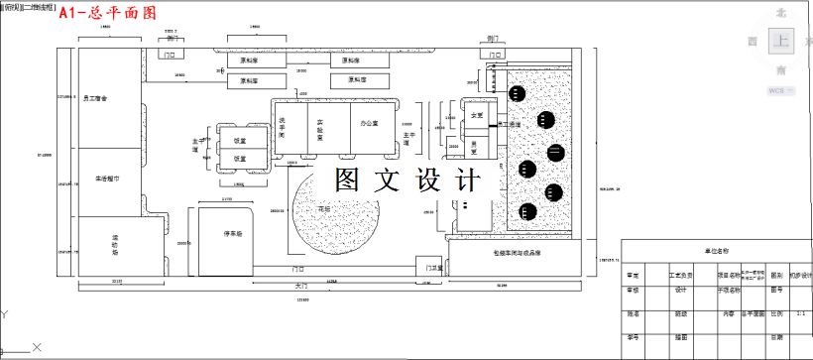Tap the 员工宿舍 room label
click(96, 98)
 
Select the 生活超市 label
click(107, 180)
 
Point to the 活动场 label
click(116, 242)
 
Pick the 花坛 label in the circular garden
click(324, 209)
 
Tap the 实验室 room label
click(320, 128)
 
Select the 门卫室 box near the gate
click(433, 267)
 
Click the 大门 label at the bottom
click(301, 285)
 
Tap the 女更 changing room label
click(477, 116)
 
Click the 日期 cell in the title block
click(777, 337)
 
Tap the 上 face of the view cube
click(781, 42)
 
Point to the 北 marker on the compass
click(781, 13)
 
